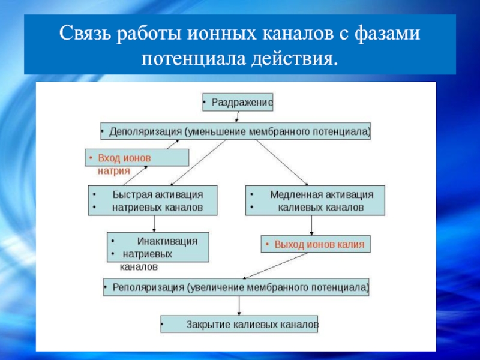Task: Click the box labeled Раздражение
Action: pos(238,103)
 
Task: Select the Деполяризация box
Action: pos(235,131)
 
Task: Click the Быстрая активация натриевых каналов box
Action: pos(152,202)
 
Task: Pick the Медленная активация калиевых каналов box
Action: pos(315,202)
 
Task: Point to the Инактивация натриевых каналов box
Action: pos(158,247)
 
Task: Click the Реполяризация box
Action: pos(237,287)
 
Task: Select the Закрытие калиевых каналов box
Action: pos(239,325)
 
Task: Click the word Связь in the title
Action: pos(86,34)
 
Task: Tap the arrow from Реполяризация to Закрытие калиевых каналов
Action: pos(239,305)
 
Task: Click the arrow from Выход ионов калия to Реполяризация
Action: pos(276,265)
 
